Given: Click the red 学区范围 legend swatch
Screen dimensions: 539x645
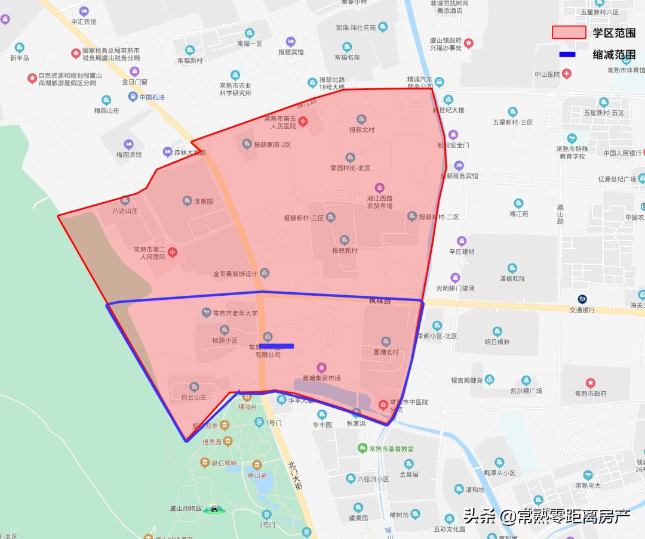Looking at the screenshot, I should click(569, 32).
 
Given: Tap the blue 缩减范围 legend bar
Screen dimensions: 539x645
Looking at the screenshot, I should click(567, 55).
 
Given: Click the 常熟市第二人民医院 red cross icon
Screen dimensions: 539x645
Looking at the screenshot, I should click(173, 252).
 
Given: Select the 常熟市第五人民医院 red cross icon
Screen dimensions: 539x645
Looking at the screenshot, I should click(303, 122).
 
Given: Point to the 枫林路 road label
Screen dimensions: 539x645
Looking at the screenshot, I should click(380, 302).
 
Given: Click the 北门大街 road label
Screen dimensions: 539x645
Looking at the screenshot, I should click(295, 475).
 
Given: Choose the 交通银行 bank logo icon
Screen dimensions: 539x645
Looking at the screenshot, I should click(582, 299).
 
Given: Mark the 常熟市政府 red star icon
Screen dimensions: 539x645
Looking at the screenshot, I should click(590, 383).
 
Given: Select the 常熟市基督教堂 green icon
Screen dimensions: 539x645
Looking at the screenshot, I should click(361, 448).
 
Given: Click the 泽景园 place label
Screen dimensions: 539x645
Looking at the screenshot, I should click(202, 202).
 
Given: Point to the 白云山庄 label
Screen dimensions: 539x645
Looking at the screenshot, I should click(193, 396).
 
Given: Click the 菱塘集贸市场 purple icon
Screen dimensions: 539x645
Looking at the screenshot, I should click(321, 367).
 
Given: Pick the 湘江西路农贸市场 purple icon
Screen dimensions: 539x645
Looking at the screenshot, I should click(379, 188).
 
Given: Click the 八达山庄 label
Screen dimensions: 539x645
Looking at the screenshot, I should click(125, 210).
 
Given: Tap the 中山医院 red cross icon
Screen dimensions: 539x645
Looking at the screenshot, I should click(567, 75).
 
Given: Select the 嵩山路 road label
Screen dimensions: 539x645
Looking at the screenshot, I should click(560, 214).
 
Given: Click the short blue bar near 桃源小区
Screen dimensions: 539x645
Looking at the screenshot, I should click(277, 346).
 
